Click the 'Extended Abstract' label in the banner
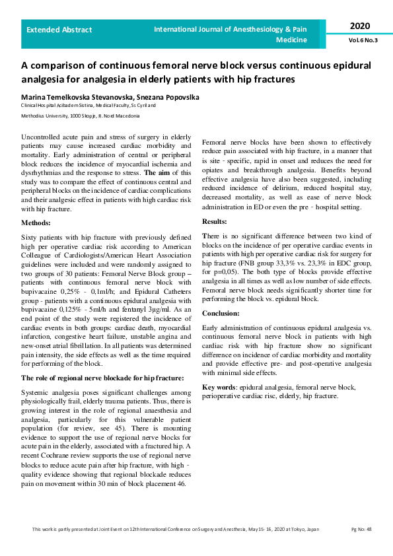[59, 30]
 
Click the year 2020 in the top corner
[360, 26]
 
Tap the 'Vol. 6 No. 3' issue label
[363, 40]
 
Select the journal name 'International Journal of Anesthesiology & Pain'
[231, 30]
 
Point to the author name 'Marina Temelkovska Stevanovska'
[74, 97]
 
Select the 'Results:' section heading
[214, 221]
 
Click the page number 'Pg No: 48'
[361, 529]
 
